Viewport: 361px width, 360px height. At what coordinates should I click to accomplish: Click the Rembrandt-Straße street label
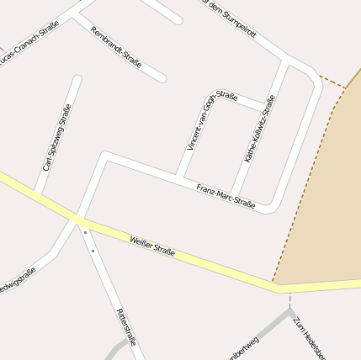point(115,47)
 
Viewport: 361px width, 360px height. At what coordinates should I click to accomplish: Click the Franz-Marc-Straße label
point(226,195)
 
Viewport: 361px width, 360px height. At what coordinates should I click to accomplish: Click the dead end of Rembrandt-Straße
point(162,79)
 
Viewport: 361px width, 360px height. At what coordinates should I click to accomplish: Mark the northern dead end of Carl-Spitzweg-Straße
point(77,80)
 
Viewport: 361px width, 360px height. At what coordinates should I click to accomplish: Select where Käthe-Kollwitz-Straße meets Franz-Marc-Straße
point(234,193)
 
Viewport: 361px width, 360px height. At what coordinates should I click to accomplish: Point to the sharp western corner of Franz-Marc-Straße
point(104,156)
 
